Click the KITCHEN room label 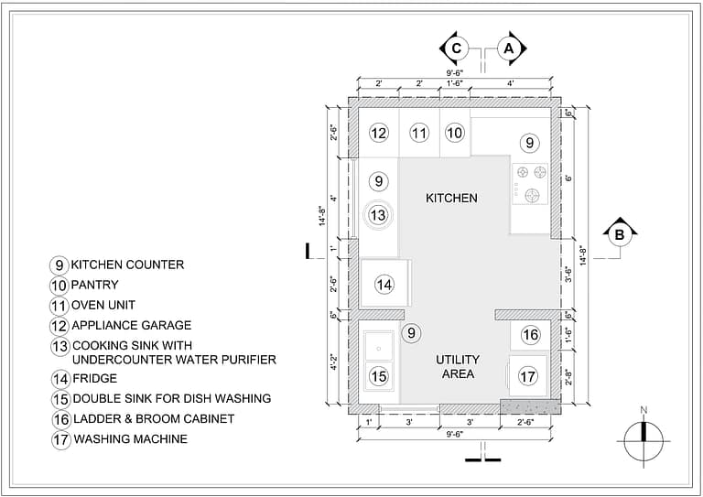click(451, 198)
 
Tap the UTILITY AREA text click(458, 366)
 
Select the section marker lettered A click(510, 48)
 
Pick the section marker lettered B click(620, 235)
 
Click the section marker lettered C click(456, 48)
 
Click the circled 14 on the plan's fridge click(384, 286)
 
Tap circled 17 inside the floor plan click(527, 375)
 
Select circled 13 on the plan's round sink click(378, 214)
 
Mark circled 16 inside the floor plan click(531, 335)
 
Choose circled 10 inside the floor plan click(455, 133)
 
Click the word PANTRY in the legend click(95, 285)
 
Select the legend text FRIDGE click(95, 378)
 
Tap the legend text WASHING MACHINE click(131, 439)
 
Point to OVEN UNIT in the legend click(105, 305)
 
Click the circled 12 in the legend click(59, 325)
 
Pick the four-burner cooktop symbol click(529, 181)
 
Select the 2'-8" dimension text click(569, 375)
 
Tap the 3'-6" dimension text click(569, 275)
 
